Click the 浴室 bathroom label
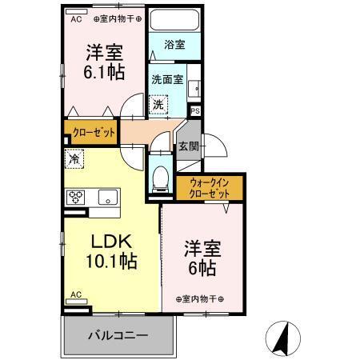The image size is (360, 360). [175, 46]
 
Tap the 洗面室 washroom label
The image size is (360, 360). [168, 79]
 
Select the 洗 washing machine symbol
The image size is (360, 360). [160, 104]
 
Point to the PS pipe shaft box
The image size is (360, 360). [194, 111]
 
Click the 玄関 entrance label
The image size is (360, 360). [188, 146]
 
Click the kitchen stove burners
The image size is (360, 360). [77, 196]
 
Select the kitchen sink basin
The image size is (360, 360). [108, 197]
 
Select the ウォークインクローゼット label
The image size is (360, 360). [210, 189]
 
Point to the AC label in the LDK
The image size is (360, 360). [77, 295]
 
